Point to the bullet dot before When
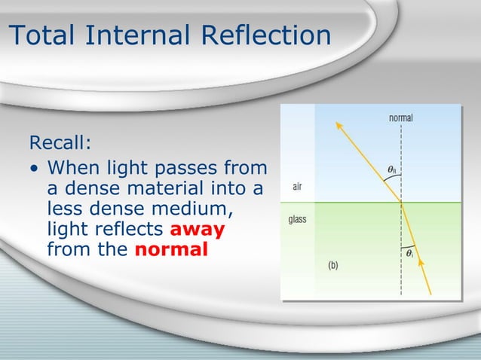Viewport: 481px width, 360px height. (x=35, y=167)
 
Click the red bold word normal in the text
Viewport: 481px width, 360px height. (x=171, y=249)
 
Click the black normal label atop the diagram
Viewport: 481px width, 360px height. (x=400, y=117)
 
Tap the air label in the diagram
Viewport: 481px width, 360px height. (x=299, y=186)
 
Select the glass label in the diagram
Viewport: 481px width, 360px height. (x=298, y=221)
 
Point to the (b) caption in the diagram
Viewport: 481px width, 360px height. (x=332, y=264)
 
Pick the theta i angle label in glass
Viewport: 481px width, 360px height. (x=409, y=254)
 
